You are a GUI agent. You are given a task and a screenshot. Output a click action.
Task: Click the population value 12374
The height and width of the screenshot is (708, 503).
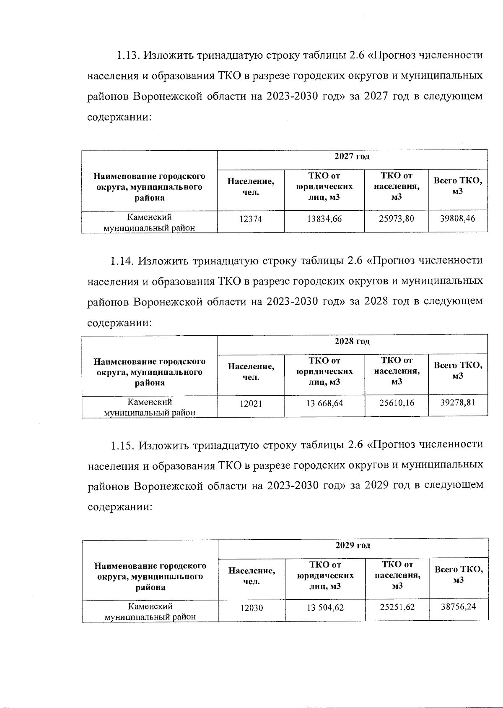[x=251, y=219]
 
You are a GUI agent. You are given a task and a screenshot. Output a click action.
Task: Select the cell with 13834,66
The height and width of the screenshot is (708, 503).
[x=324, y=219]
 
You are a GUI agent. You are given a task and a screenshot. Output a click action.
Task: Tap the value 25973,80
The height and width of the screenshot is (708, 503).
[x=396, y=218]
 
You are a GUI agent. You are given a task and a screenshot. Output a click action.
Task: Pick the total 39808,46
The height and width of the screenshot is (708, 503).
[x=458, y=218]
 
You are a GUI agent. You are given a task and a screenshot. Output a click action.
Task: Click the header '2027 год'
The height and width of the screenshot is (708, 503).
[x=352, y=157]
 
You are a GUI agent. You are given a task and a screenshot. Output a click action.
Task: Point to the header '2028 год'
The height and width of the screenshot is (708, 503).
[x=352, y=342]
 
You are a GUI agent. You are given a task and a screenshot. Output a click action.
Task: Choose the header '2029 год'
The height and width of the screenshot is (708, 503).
[x=353, y=546]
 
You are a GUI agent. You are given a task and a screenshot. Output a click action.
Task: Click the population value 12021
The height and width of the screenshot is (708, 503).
[x=251, y=404]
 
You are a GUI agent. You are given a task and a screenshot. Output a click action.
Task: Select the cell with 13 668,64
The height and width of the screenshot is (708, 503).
[x=324, y=403]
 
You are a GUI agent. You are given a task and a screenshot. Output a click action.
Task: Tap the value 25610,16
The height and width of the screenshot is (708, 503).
[x=397, y=403]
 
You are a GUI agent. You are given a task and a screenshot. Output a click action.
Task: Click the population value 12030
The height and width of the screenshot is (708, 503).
[x=251, y=608]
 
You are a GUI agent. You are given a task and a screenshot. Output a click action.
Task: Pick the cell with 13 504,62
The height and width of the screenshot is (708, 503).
[x=325, y=607]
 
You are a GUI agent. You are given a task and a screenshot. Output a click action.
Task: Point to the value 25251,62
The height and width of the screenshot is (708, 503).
[x=397, y=607]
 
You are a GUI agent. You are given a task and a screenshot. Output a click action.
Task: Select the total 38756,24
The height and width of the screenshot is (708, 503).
[x=458, y=606]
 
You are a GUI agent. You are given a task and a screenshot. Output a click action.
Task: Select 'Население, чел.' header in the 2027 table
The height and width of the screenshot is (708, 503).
[x=251, y=187]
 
